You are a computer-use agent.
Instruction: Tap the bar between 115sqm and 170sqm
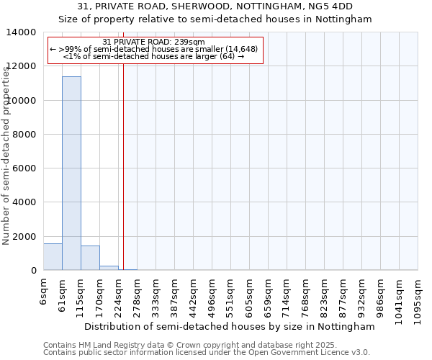tap(90, 258)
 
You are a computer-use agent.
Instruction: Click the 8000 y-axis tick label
tap(25, 135)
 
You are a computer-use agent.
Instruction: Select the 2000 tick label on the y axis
tap(25, 237)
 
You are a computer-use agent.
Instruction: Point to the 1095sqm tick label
tap(418, 300)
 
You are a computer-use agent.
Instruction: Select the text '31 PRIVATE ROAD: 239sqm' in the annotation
tap(154, 42)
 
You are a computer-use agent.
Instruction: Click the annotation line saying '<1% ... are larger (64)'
tap(154, 56)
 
